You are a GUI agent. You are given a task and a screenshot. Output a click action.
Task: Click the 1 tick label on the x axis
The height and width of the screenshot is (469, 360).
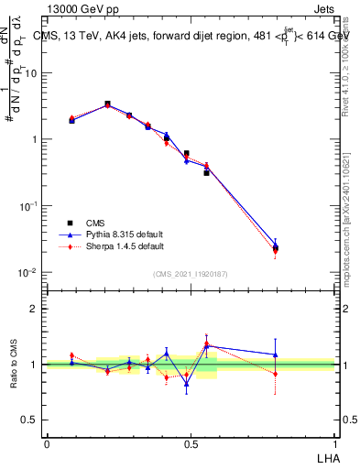(x=334, y=444)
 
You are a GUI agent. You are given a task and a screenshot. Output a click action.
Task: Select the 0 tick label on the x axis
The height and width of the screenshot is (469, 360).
(x=47, y=444)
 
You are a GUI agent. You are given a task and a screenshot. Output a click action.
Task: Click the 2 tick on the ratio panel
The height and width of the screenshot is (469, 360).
(x=34, y=309)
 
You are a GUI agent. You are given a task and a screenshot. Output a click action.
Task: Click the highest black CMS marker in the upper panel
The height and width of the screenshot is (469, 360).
(x=107, y=104)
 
